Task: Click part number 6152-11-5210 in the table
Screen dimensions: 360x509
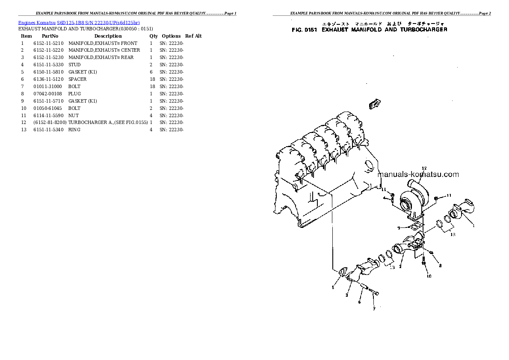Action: coord(48,43)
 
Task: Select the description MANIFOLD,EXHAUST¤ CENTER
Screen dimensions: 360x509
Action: coord(104,50)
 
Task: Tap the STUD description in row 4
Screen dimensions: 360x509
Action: coord(74,65)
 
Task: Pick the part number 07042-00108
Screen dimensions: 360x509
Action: coord(48,94)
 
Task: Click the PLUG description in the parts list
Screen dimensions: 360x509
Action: coord(74,94)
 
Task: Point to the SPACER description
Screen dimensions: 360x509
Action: coord(77,79)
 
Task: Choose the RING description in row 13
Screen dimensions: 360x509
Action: coord(74,130)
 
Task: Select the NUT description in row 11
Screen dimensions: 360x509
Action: coord(73,115)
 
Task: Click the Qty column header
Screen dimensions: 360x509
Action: coord(154,36)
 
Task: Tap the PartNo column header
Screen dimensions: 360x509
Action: coord(47,36)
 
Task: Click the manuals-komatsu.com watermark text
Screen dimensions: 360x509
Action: coord(418,174)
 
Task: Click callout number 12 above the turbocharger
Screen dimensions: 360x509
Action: coord(424,168)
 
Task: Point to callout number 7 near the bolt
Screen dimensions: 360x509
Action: coord(373,308)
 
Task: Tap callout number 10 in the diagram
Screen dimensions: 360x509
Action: coord(429,276)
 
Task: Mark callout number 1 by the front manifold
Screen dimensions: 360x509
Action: coord(473,225)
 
